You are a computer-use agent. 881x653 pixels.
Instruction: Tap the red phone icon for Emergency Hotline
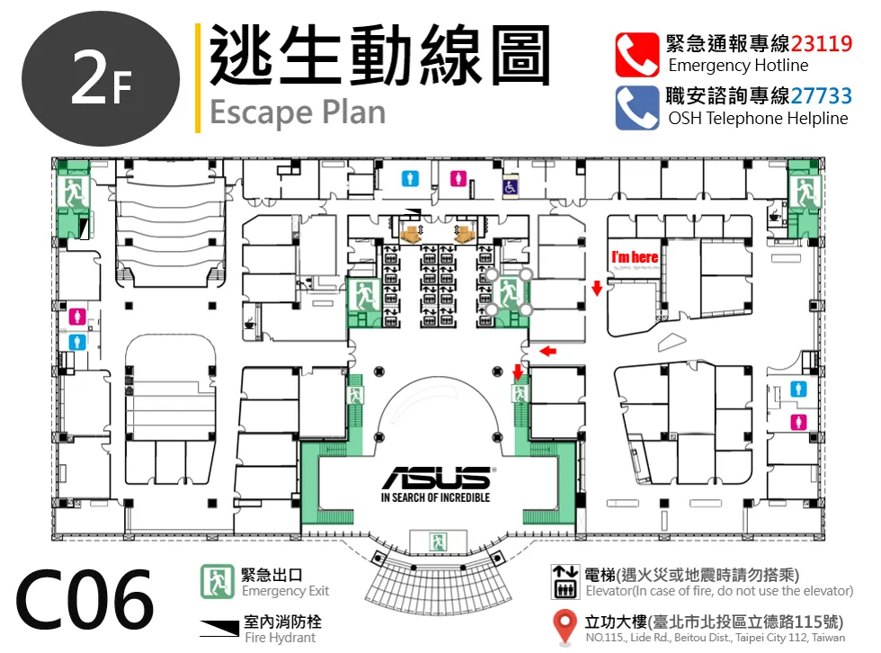[x=636, y=55]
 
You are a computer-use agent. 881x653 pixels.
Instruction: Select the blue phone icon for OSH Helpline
[x=636, y=107]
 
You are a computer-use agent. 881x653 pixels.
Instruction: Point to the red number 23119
[x=822, y=43]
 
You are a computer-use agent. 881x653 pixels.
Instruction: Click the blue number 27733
[x=822, y=95]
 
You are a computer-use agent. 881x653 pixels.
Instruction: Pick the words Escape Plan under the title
[x=298, y=113]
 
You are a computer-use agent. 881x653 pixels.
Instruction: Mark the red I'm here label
[x=635, y=257]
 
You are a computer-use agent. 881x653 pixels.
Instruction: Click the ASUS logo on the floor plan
[x=436, y=478]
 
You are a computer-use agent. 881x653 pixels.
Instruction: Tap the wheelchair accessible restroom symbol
[x=511, y=187]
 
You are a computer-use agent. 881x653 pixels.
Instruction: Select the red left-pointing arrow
[x=547, y=351]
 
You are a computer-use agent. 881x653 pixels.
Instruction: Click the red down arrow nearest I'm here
[x=597, y=287]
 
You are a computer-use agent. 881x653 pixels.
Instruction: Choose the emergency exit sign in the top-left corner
[x=73, y=192]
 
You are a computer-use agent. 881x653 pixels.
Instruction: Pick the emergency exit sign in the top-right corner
[x=805, y=192]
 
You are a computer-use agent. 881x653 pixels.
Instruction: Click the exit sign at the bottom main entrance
[x=438, y=541]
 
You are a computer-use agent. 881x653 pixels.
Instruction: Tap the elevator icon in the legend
[x=565, y=582]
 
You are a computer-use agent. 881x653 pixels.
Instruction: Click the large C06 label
[x=85, y=599]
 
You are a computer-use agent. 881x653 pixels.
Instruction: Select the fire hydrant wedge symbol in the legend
[x=219, y=629]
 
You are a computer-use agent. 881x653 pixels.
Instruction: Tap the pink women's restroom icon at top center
[x=458, y=179]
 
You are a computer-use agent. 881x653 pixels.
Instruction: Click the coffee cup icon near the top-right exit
[x=775, y=216]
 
